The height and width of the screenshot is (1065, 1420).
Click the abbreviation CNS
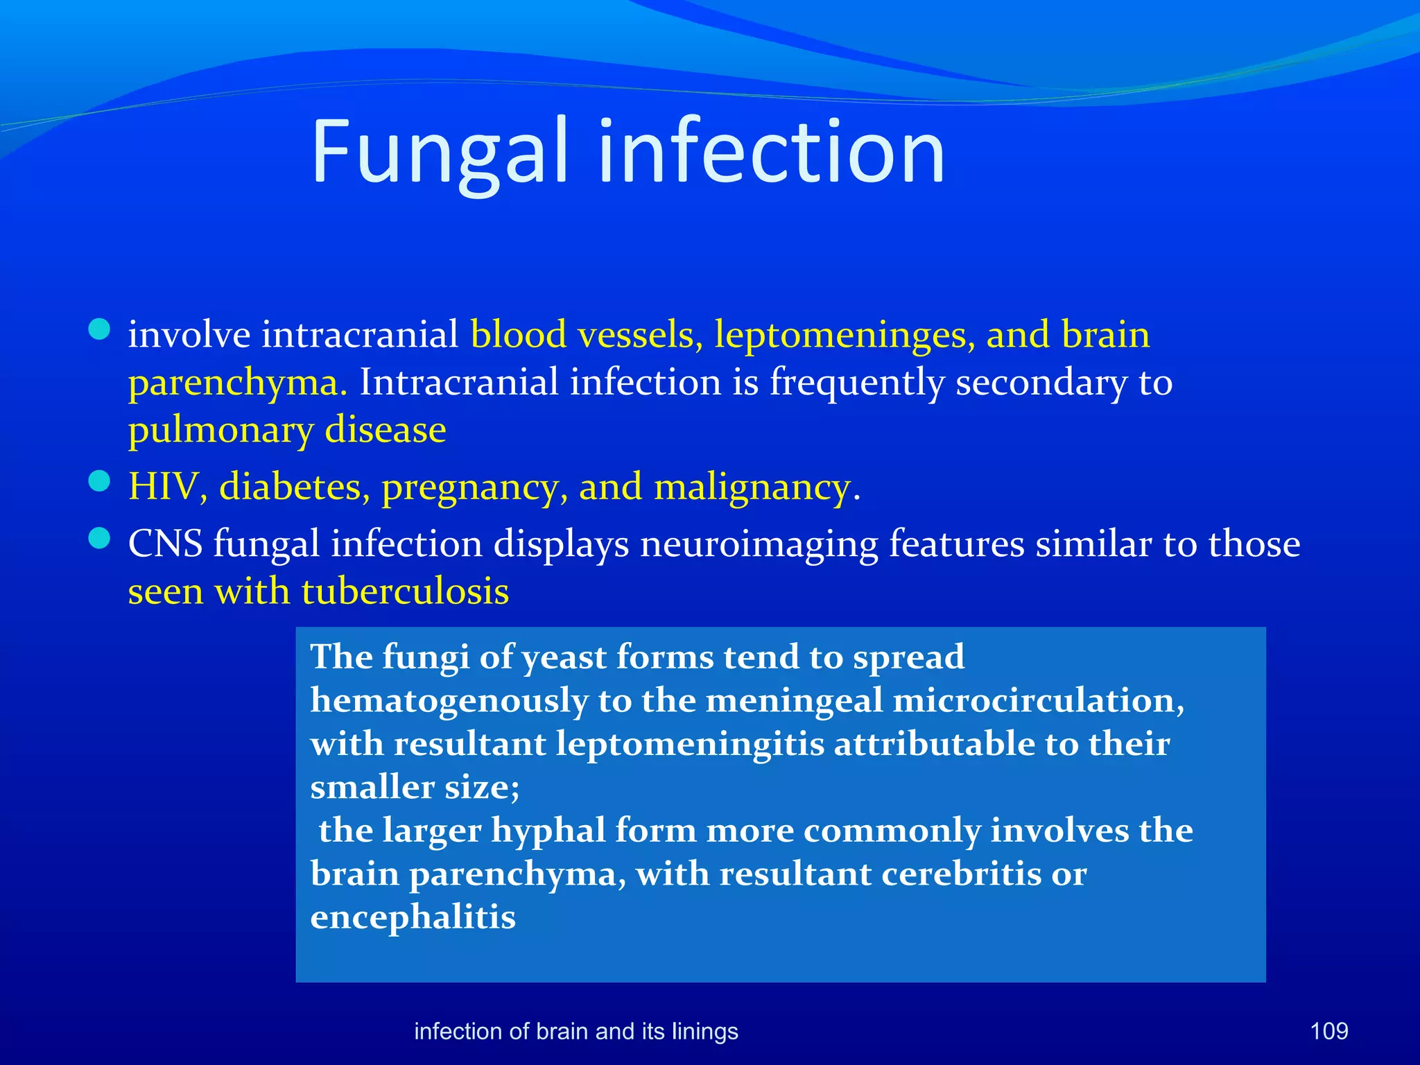tap(165, 544)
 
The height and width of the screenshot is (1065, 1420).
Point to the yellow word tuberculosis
tap(405, 592)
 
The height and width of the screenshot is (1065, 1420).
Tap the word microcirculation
tap(1038, 700)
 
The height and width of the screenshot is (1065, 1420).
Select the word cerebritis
tap(960, 874)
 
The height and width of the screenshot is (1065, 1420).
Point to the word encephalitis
tap(413, 917)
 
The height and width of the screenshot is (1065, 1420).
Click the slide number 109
tap(1328, 1031)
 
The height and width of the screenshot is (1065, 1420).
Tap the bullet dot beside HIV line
tap(100, 481)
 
